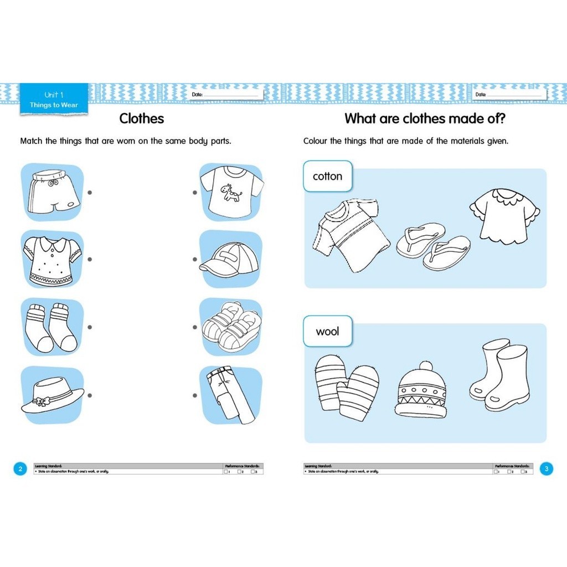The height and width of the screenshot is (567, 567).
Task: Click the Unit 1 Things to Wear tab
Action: pyautogui.click(x=54, y=100)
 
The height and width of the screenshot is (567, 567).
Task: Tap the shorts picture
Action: pyautogui.click(x=53, y=192)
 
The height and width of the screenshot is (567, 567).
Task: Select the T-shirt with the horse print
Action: pyautogui.click(x=231, y=192)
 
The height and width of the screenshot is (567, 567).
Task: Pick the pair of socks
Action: pyautogui.click(x=51, y=327)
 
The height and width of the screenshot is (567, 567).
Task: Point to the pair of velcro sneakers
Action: pyautogui.click(x=231, y=327)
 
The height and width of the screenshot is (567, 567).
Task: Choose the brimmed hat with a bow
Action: pyautogui.click(x=52, y=395)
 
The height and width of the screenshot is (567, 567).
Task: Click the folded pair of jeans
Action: pyautogui.click(x=230, y=395)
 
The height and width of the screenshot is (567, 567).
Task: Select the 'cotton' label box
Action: pyautogui.click(x=328, y=177)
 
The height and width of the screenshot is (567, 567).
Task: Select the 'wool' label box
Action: pyautogui.click(x=327, y=332)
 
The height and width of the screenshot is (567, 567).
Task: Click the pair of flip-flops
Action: pyautogui.click(x=433, y=246)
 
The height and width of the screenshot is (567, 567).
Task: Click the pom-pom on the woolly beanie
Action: pyautogui.click(x=425, y=367)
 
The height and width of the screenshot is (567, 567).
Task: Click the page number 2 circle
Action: pyautogui.click(x=20, y=469)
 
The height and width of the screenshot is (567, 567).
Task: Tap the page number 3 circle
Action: pyautogui.click(x=546, y=469)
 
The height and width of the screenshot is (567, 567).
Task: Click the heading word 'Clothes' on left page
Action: pyautogui.click(x=142, y=118)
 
